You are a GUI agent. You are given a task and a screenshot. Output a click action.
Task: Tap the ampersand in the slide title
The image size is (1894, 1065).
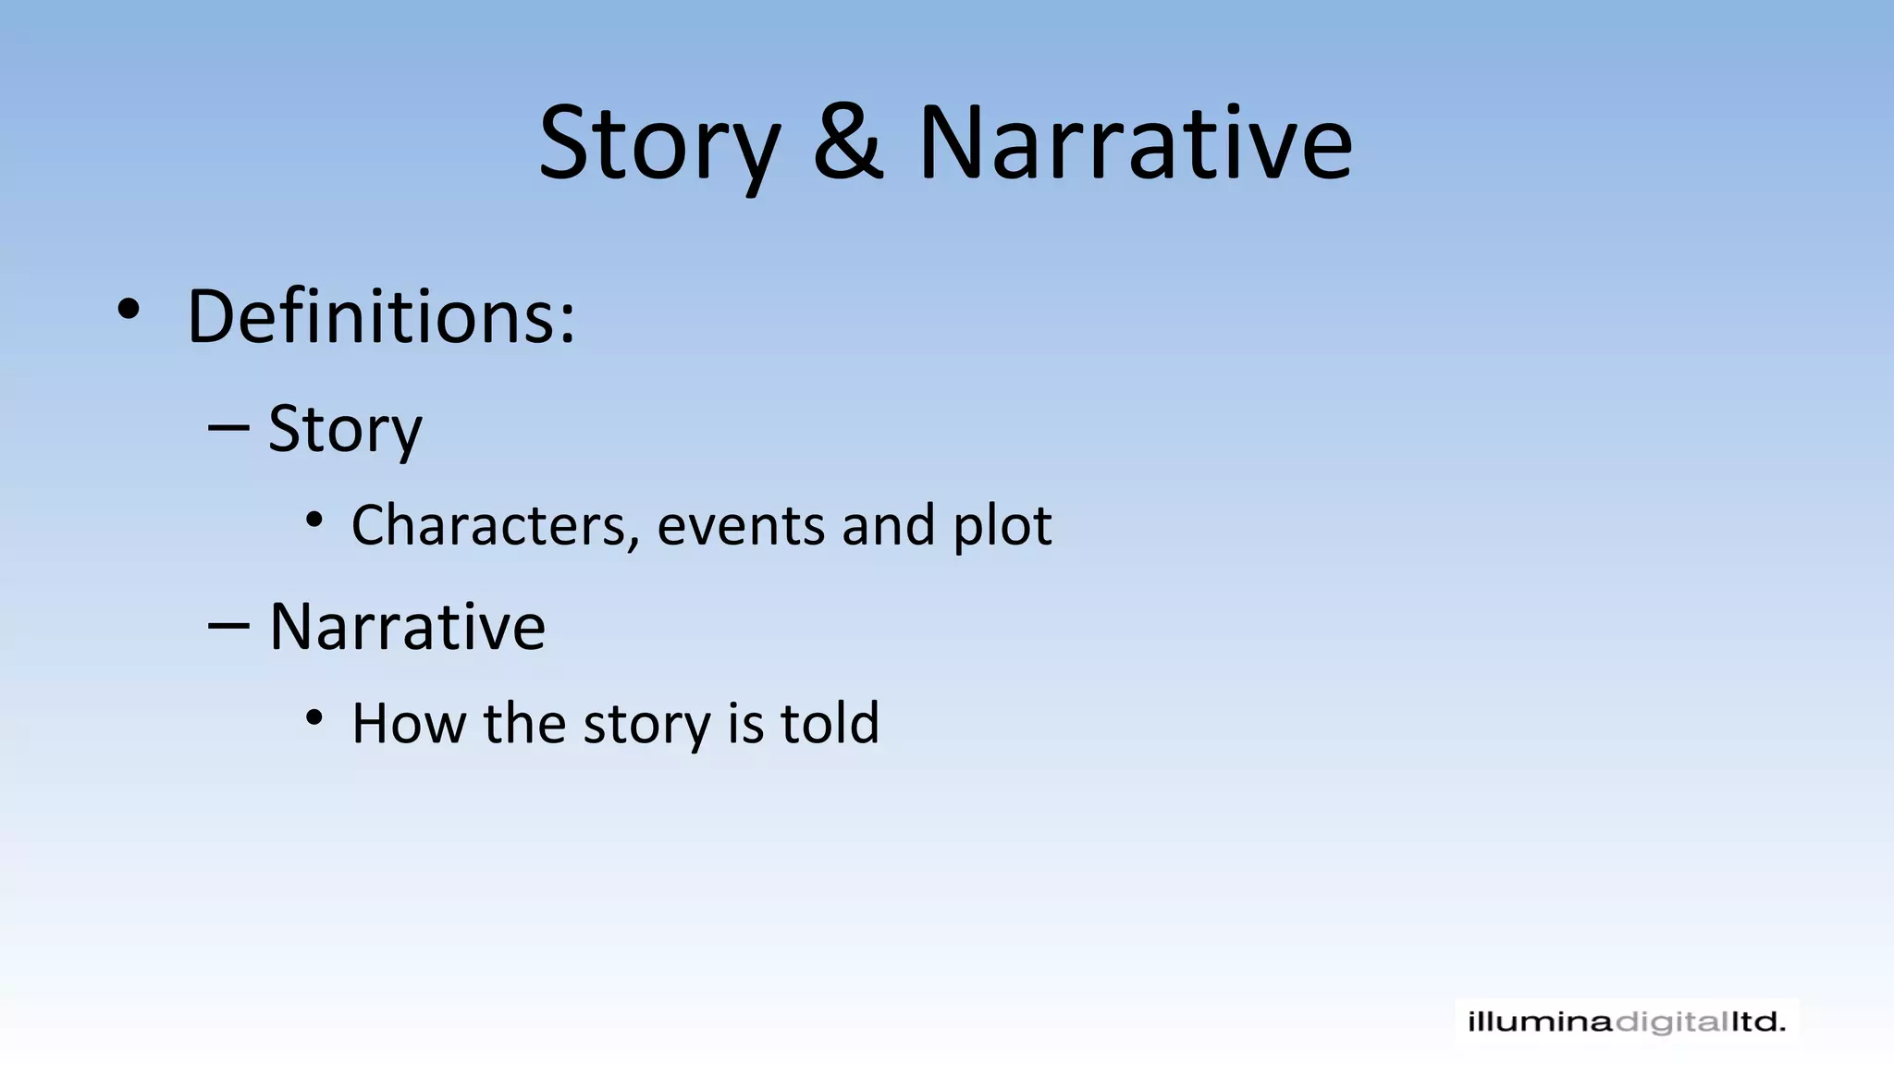(x=848, y=143)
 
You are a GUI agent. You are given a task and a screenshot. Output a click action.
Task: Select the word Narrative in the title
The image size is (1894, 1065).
(x=1135, y=143)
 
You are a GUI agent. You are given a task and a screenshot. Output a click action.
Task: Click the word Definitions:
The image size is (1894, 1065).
(x=381, y=316)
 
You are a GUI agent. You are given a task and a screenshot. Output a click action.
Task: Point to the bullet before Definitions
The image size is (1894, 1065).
(x=129, y=311)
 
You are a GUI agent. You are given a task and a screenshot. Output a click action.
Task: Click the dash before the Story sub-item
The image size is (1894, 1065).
(x=228, y=428)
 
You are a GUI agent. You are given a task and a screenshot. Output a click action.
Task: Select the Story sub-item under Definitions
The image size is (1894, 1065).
(x=345, y=430)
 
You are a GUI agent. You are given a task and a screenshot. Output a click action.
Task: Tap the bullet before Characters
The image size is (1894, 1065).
(x=314, y=520)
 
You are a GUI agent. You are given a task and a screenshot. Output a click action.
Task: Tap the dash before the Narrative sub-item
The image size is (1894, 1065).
(x=228, y=626)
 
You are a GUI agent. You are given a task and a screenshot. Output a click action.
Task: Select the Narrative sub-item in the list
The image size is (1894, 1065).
(x=407, y=627)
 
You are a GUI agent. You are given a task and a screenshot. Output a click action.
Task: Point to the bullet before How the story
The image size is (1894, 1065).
(x=314, y=717)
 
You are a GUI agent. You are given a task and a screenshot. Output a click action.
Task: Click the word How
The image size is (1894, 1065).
(x=409, y=723)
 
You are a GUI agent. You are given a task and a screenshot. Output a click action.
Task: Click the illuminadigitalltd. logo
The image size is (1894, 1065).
(x=1627, y=1022)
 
